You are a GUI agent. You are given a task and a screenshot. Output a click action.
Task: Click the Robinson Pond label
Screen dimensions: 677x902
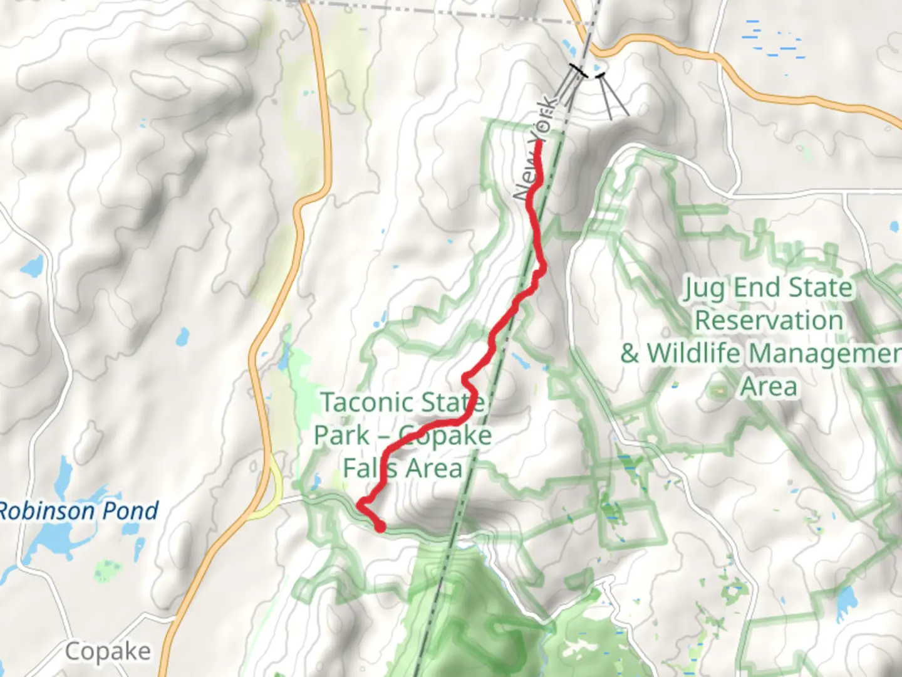[x=79, y=511]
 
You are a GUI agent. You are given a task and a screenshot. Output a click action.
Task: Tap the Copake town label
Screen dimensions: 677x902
[x=108, y=652]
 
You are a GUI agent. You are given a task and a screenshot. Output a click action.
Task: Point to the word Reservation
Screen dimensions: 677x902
[x=769, y=320]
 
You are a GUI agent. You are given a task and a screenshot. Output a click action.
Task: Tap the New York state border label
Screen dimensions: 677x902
[x=534, y=148]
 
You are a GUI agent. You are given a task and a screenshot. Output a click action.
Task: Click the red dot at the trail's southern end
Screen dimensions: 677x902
[x=380, y=527]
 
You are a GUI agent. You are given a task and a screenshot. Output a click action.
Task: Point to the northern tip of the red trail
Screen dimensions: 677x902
[x=539, y=144]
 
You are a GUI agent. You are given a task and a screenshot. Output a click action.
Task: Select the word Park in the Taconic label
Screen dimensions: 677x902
[x=341, y=435]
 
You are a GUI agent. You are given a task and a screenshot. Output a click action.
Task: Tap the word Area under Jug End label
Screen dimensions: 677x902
[x=769, y=386]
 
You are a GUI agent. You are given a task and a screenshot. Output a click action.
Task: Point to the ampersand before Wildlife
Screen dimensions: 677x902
[x=630, y=353]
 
